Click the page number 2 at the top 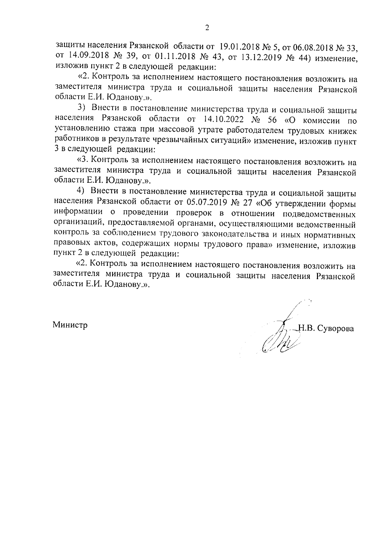pyautogui.click(x=207, y=28)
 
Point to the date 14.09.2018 pyautogui.click(x=86, y=57)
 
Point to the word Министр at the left pyautogui.click(x=70, y=325)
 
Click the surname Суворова pyautogui.click(x=335, y=329)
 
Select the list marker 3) pyautogui.click(x=82, y=110)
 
